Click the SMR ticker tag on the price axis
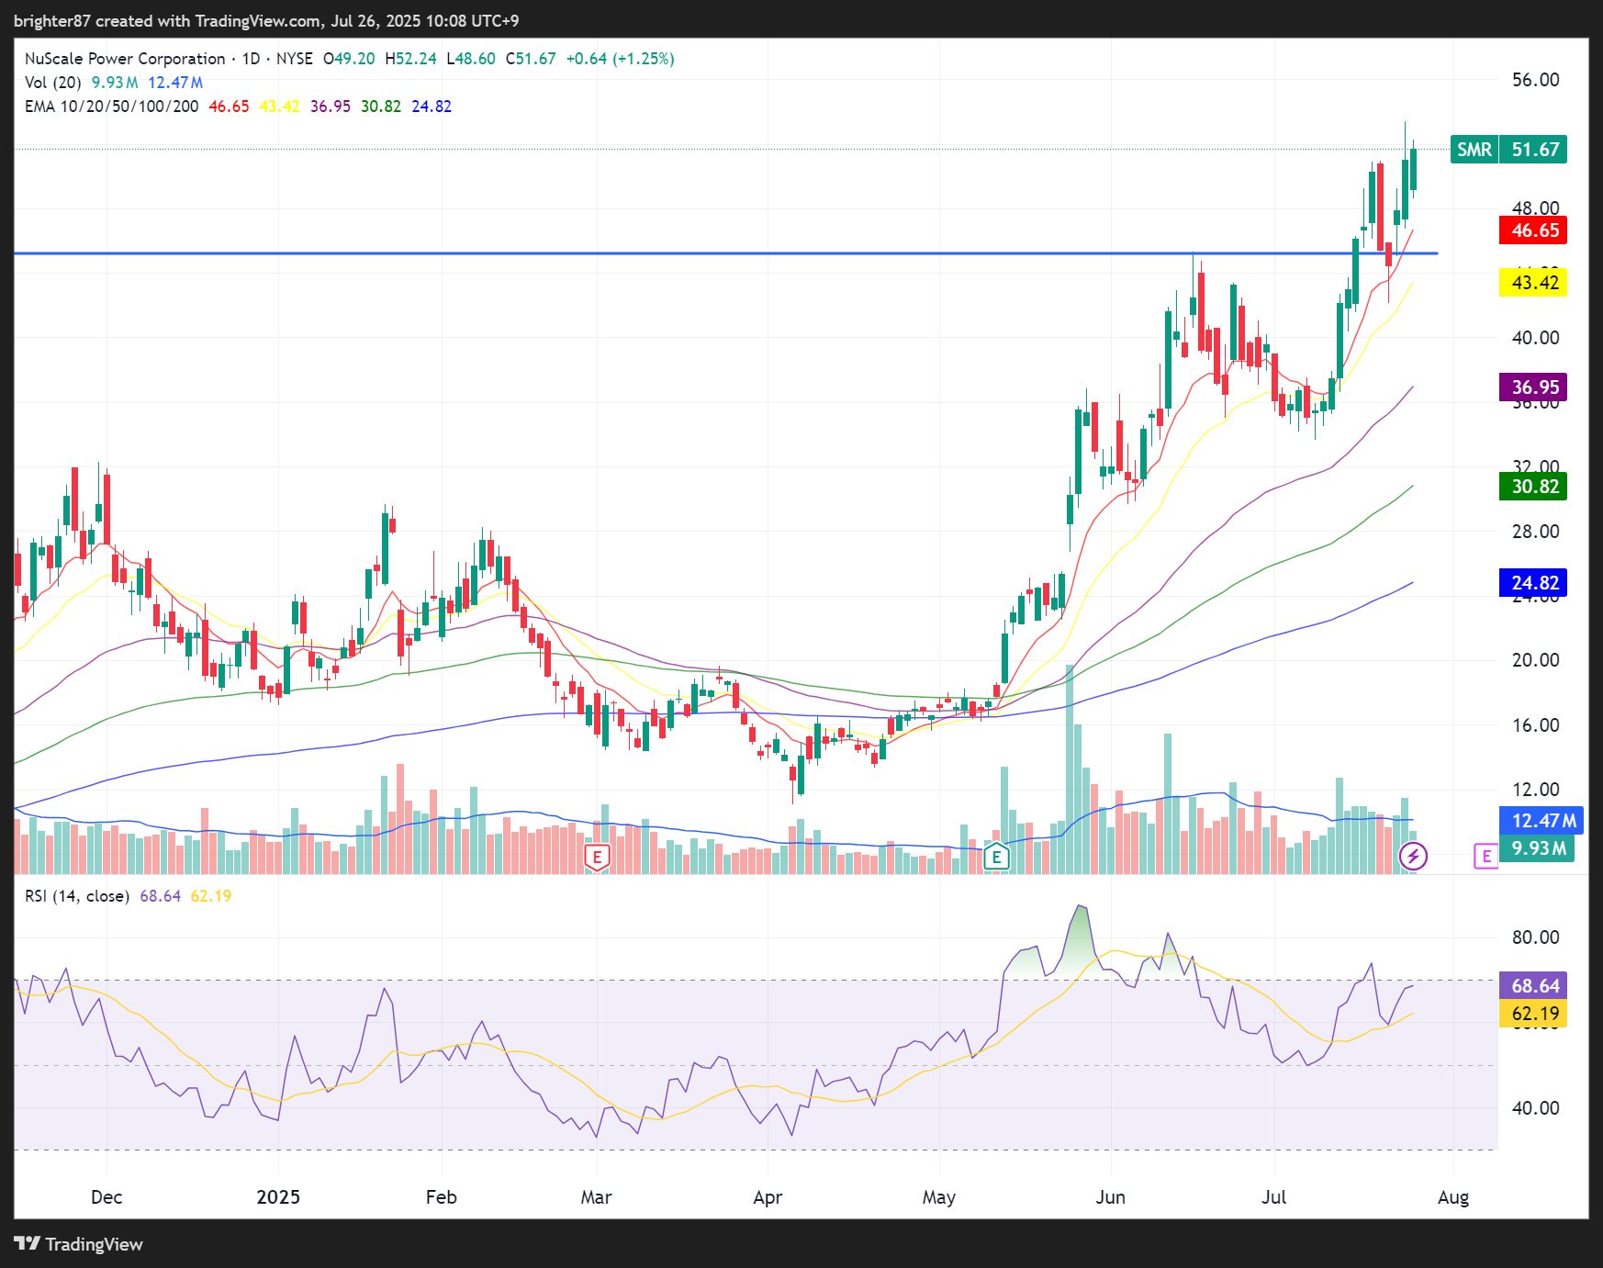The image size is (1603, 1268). point(1474,150)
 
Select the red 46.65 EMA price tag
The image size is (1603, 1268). point(1534,230)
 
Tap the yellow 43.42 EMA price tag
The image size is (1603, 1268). point(1534,283)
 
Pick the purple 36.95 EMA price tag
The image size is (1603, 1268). point(1534,387)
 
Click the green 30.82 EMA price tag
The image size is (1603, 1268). point(1534,487)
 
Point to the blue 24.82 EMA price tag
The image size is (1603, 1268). point(1534,583)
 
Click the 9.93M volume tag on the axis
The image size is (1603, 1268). point(1538,848)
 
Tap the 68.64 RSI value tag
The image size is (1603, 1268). point(1534,986)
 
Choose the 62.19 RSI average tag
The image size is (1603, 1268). point(1534,1014)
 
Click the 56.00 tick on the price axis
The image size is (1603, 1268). point(1535,80)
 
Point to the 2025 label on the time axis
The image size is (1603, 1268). point(278,1197)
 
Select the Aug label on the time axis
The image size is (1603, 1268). point(1453,1197)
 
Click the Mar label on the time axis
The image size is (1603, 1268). point(596,1197)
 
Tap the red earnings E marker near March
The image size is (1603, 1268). point(598,858)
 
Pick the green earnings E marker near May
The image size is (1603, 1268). point(996,858)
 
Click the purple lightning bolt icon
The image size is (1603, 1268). point(1413,857)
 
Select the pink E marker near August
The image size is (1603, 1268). point(1485,857)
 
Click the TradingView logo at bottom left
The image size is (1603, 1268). point(79,1244)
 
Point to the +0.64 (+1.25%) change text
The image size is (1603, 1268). point(620,59)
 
